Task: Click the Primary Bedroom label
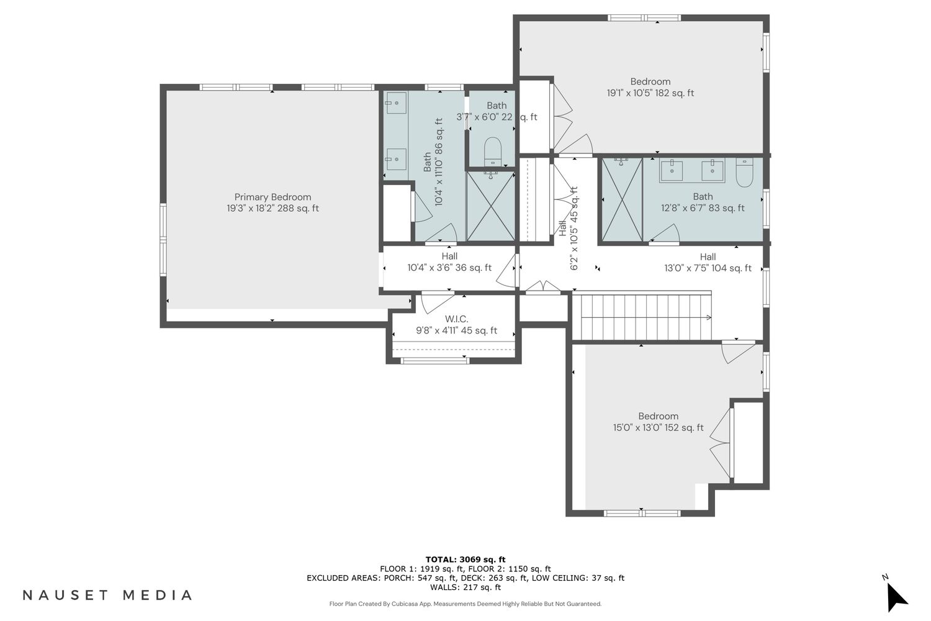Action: pyautogui.click(x=272, y=197)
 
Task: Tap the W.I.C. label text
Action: pyautogui.click(x=456, y=319)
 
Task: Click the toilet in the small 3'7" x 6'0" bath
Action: pyautogui.click(x=493, y=150)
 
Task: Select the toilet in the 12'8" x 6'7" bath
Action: pyautogui.click(x=744, y=173)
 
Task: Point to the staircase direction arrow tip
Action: pyautogui.click(x=711, y=318)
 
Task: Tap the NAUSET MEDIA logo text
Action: pyautogui.click(x=107, y=595)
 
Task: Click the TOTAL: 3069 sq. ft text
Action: pyautogui.click(x=465, y=560)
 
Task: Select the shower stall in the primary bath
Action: pyautogui.click(x=491, y=206)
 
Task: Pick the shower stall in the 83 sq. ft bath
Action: pyautogui.click(x=622, y=200)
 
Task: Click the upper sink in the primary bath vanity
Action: pyautogui.click(x=396, y=102)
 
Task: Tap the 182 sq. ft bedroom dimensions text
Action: pyautogui.click(x=650, y=93)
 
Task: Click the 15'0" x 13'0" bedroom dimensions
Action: pyautogui.click(x=659, y=427)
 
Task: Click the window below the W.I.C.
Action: pyautogui.click(x=435, y=361)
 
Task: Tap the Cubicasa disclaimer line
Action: pyautogui.click(x=465, y=604)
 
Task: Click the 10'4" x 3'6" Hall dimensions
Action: pyautogui.click(x=449, y=268)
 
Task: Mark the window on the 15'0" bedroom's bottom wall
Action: pyautogui.click(x=642, y=514)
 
